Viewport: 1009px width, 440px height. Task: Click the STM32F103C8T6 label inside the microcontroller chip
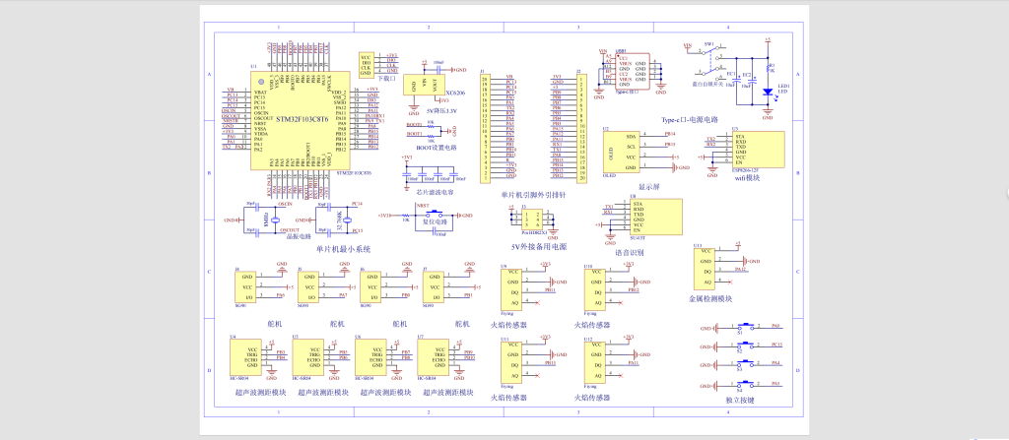click(303, 118)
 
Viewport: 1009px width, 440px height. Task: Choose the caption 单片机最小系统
click(343, 249)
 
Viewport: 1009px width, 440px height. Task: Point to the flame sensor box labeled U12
click(596, 359)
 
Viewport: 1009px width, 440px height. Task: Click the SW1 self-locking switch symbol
click(707, 59)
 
